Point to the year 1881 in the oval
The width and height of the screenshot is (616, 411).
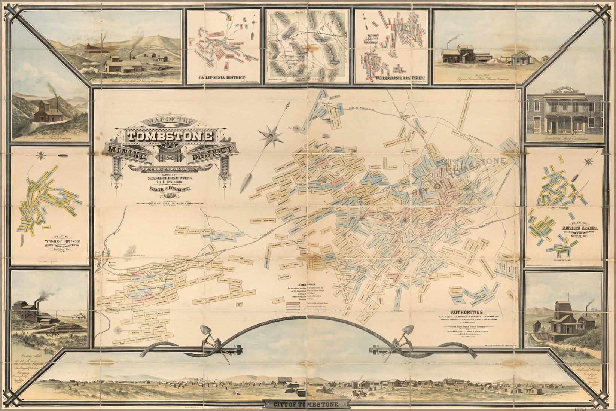pos(170,197)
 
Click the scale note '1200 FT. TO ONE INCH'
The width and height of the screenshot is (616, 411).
pos(170,204)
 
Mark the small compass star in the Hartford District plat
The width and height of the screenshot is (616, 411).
pos(588,162)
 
